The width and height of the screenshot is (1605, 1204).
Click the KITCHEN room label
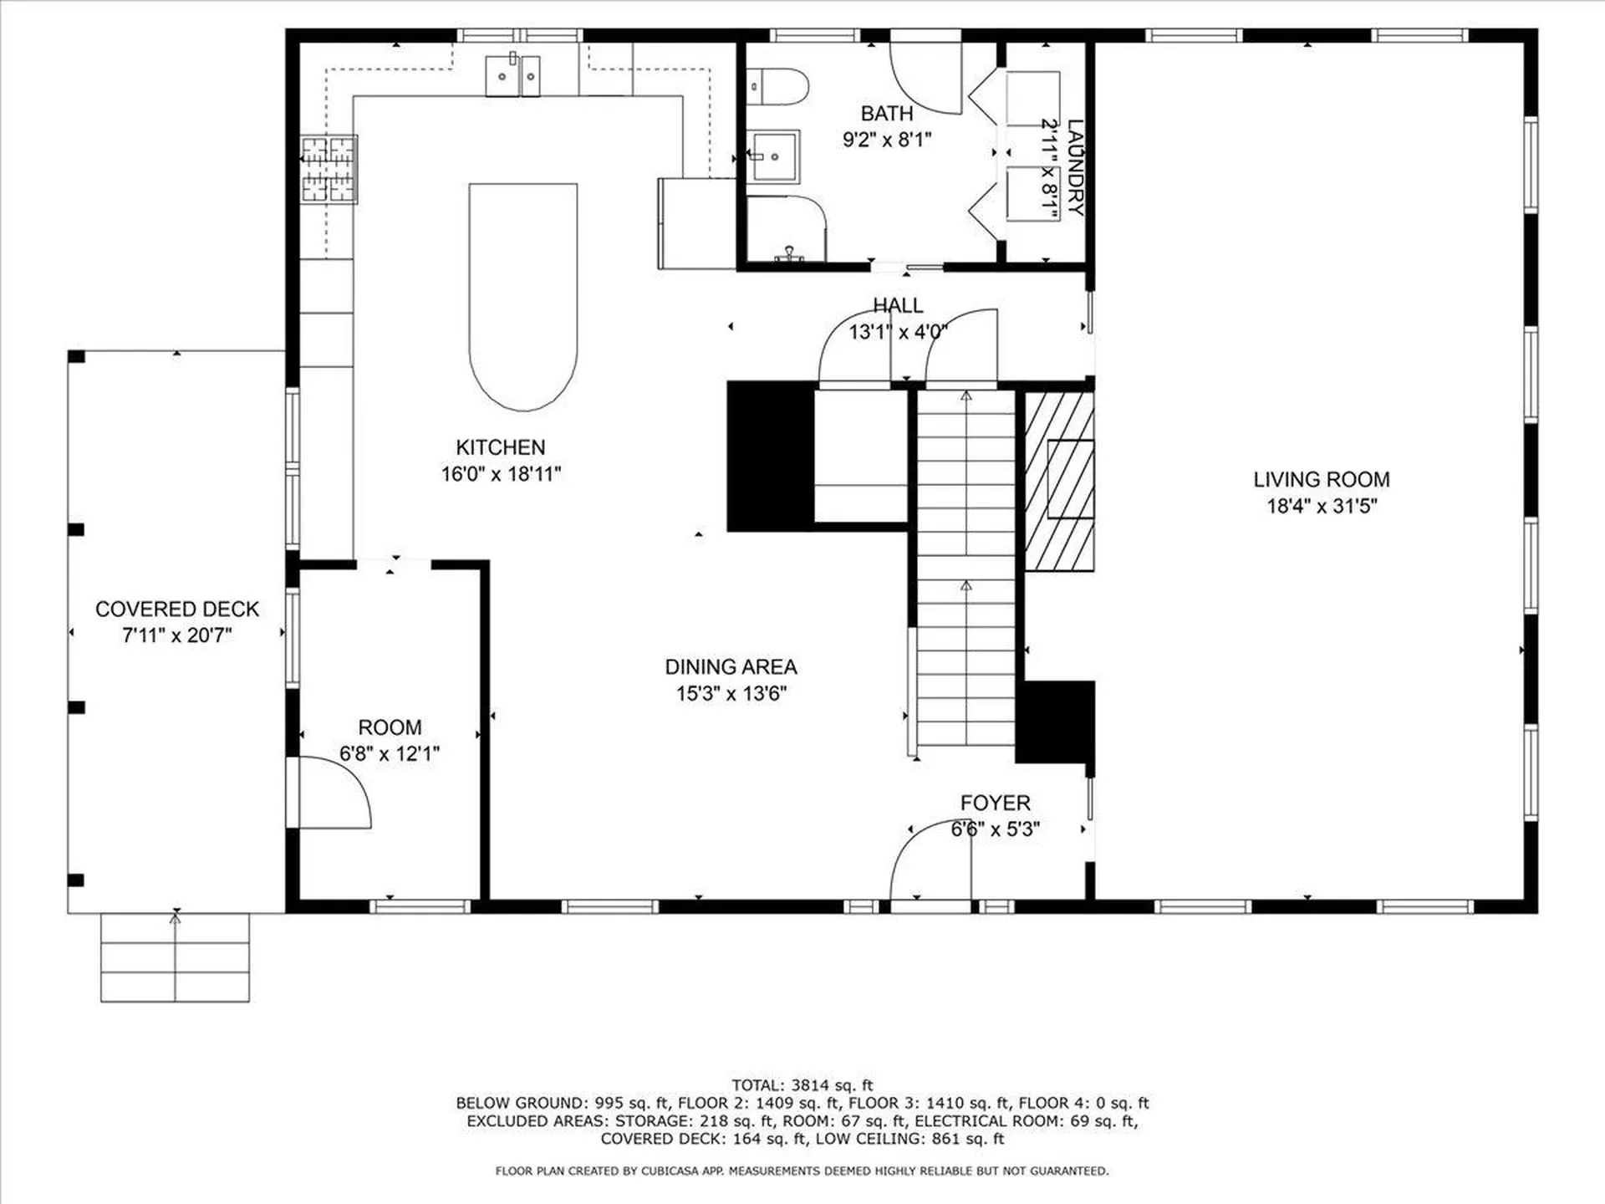pos(500,447)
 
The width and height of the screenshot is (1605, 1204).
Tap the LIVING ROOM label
pos(1321,479)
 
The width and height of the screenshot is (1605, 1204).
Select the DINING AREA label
pos(731,666)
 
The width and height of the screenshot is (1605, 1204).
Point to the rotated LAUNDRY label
pos(1075,168)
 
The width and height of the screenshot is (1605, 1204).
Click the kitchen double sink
pos(512,75)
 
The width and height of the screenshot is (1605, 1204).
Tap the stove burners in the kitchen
pos(329,170)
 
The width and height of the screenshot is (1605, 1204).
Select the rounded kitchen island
pos(523,297)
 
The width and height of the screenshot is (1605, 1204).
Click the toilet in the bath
pos(778,87)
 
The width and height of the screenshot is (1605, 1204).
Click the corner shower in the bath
pos(786,228)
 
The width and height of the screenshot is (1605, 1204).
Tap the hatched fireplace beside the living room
pos(1059,482)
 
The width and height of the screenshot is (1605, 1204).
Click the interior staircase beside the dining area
pos(966,569)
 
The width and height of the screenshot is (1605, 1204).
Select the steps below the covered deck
pos(175,957)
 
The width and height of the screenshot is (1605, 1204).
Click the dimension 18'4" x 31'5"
pos(1322,506)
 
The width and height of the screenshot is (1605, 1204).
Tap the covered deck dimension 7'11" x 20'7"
pos(176,635)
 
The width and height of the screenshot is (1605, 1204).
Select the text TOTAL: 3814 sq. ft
pos(802,1085)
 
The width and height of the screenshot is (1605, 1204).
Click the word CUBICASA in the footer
pos(668,1171)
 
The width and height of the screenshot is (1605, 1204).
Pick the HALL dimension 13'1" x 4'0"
pos(898,332)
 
